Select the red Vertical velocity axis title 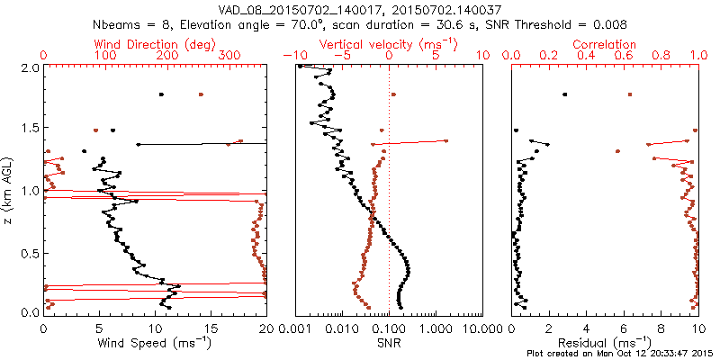point(389,44)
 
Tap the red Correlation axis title point(605,44)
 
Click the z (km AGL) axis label point(8,190)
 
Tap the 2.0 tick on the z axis point(29,68)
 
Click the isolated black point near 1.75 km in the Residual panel point(564,94)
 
